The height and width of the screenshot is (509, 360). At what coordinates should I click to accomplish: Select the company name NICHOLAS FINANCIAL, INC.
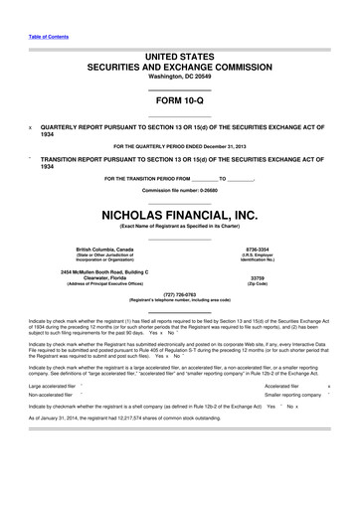(179, 213)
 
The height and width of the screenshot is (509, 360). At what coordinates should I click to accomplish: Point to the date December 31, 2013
(220, 147)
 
